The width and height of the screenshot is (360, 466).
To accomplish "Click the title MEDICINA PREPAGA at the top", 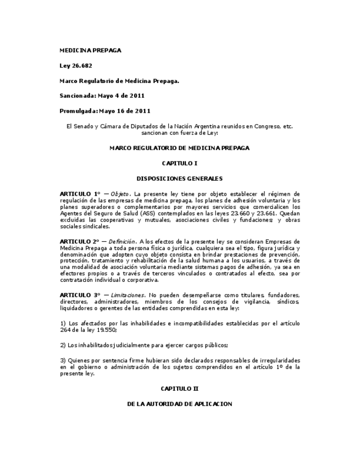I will (x=90, y=51).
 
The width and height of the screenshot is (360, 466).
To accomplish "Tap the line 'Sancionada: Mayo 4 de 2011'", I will (x=102, y=96).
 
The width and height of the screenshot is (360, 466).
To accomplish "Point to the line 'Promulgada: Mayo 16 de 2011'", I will (x=105, y=110).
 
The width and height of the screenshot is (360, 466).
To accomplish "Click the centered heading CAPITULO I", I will (x=179, y=164).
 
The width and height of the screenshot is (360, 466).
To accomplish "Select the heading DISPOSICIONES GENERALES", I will (x=179, y=179).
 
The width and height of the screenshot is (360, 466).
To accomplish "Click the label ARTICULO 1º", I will (x=80, y=194).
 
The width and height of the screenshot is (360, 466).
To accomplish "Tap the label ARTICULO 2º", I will (x=80, y=241).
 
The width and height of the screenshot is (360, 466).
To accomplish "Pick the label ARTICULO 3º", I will (x=80, y=295).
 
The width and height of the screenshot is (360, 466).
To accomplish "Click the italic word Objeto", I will (x=119, y=194).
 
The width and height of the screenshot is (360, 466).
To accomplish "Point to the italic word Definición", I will (x=122, y=241).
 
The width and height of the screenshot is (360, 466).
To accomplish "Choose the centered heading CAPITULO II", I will (x=179, y=389).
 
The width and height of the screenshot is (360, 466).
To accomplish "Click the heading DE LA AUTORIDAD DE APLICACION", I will (x=179, y=404).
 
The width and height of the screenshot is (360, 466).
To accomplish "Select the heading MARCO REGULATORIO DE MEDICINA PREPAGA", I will (x=179, y=148).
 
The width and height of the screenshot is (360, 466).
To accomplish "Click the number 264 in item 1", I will (x=65, y=330).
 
